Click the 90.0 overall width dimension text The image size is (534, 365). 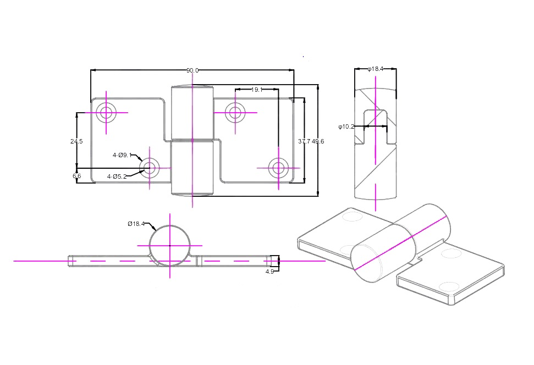coord(192,70)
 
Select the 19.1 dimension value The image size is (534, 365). coord(256,89)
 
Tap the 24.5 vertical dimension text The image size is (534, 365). coord(76,141)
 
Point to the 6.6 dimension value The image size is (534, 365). coord(76,176)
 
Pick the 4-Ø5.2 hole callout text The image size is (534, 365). coord(117,176)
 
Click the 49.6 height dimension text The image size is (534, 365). coord(318,141)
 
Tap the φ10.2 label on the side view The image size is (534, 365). coord(346,126)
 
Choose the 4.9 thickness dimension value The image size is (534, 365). coord(269,272)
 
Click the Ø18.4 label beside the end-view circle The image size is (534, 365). coord(136,223)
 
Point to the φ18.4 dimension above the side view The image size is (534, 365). coord(375,69)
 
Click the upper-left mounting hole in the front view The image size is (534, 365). coord(106,113)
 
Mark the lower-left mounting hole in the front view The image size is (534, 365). coord(149,168)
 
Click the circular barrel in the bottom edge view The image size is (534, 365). coord(170,245)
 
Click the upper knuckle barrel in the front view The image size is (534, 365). coord(192,113)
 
